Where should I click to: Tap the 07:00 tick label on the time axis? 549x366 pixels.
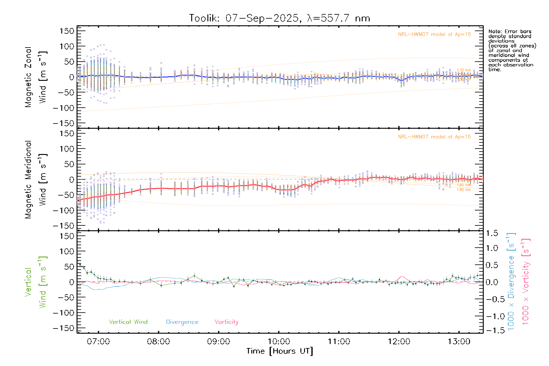pyautogui.click(x=98, y=342)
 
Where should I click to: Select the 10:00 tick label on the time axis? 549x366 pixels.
pyautogui.click(x=279, y=342)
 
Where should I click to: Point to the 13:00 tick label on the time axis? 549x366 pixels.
pyautogui.click(x=459, y=342)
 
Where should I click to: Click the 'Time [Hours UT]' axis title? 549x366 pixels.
pyautogui.click(x=280, y=351)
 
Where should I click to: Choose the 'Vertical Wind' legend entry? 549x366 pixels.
pyautogui.click(x=128, y=322)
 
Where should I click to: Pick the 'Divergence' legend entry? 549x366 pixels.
pyautogui.click(x=182, y=322)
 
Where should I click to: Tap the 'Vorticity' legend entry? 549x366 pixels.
pyautogui.click(x=226, y=322)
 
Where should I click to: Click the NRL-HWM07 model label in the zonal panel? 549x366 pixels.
pyautogui.click(x=434, y=34)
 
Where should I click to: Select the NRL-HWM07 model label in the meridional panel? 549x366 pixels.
pyautogui.click(x=434, y=137)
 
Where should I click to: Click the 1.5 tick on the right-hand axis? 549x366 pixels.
pyautogui.click(x=492, y=233)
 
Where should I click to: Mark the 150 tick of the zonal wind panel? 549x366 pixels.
pyautogui.click(x=67, y=31)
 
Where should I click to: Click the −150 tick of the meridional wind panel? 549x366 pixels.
pyautogui.click(x=64, y=226)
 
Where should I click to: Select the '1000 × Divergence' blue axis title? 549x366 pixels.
pyautogui.click(x=511, y=282)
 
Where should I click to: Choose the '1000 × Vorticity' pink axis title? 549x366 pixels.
pyautogui.click(x=526, y=282)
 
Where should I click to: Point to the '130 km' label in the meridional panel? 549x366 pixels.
pyautogui.click(x=464, y=190)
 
